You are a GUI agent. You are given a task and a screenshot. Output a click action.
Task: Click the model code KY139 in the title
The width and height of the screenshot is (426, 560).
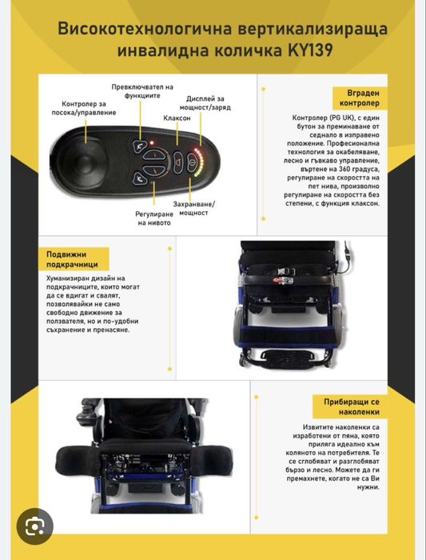(x=310, y=50)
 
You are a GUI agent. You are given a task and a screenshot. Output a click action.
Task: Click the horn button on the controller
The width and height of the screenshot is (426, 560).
(x=177, y=163)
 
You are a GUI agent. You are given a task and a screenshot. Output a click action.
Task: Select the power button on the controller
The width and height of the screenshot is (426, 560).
(x=192, y=163)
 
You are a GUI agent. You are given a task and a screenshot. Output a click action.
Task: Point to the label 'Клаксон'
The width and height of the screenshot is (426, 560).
(x=177, y=118)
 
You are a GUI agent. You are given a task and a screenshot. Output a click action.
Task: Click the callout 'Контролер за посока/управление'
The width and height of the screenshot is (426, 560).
(x=84, y=108)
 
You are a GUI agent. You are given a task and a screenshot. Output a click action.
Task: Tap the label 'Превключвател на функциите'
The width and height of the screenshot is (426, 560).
(x=142, y=91)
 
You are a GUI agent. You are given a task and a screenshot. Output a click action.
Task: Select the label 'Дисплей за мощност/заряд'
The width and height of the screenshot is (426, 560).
(x=205, y=103)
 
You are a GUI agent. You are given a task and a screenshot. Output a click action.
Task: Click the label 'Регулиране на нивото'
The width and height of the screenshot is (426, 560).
(x=154, y=218)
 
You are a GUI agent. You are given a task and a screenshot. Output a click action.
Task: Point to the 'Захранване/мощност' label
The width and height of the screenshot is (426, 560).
(x=193, y=209)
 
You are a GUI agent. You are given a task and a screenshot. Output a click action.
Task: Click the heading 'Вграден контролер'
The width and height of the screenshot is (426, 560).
(x=360, y=98)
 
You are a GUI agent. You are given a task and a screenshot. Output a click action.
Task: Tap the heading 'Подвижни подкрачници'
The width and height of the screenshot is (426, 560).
(x=72, y=259)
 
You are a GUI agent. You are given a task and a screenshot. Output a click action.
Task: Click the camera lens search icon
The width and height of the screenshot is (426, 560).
(x=34, y=526)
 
